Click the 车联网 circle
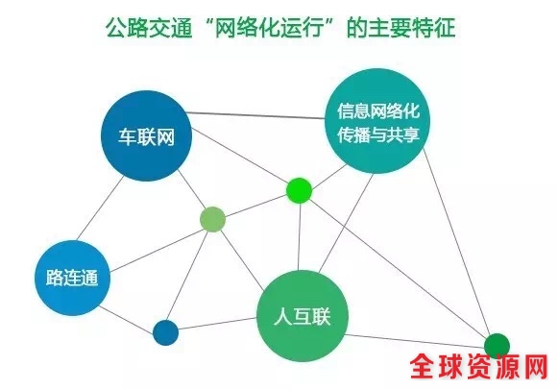[x=147, y=136]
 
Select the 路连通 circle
[x=72, y=278]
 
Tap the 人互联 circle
[x=303, y=316]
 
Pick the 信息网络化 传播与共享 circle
[x=378, y=121]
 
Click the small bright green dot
[x=300, y=191]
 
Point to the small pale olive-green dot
[x=213, y=219]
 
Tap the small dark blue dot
[x=165, y=332]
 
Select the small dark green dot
[x=497, y=346]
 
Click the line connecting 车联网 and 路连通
[x=100, y=207]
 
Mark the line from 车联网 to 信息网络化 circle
[x=256, y=115]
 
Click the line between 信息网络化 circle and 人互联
[x=346, y=223]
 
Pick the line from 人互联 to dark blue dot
[x=217, y=324]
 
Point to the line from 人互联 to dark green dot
[x=415, y=341]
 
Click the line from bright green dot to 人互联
[x=300, y=237]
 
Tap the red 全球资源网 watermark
[x=479, y=367]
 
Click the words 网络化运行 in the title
[x=271, y=28]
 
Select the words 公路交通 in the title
[x=149, y=28]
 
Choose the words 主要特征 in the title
[x=412, y=28]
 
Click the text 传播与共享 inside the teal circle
[x=378, y=134]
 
